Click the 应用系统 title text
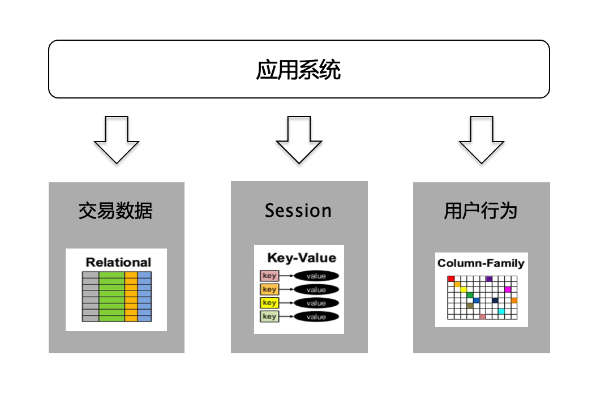point(298,71)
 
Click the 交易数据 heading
point(116,211)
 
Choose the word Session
point(298,211)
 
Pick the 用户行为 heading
point(481,211)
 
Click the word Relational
point(118,262)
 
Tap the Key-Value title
point(301,258)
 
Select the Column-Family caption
point(481,263)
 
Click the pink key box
point(269,276)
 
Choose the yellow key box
point(269,303)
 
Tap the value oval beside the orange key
point(316,290)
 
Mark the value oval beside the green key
point(316,317)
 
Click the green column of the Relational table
point(111,297)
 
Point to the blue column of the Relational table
point(145,297)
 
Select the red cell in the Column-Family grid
point(451,279)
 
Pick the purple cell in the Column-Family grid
point(489,279)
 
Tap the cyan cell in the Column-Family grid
point(501,311)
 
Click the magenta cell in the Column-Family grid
point(508,289)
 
